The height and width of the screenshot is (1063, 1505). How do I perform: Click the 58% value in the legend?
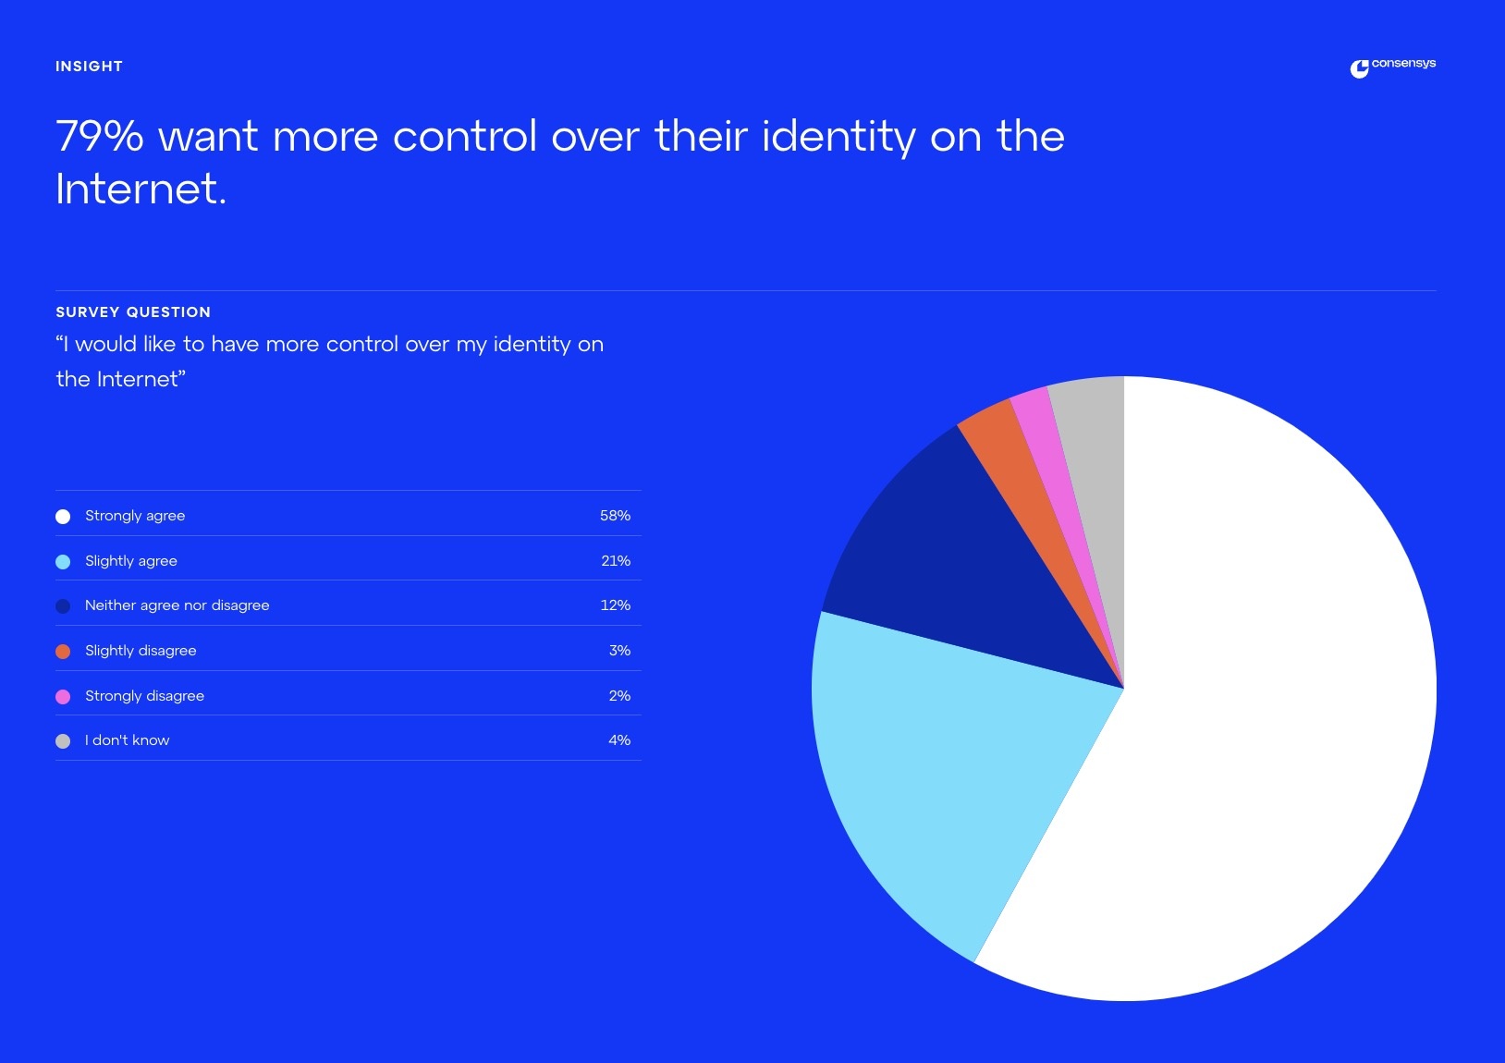pos(615,516)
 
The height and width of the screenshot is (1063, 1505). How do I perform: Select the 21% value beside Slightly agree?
pos(615,561)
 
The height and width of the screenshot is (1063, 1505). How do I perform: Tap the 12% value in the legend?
pos(615,605)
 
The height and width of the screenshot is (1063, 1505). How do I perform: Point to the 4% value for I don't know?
pos(619,740)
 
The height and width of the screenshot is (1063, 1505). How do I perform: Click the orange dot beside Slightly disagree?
pos(63,652)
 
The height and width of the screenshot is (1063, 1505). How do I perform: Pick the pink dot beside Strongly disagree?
pos(63,697)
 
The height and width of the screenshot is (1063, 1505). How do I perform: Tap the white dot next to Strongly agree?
pos(63,517)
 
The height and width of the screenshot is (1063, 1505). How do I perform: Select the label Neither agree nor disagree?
pos(177,605)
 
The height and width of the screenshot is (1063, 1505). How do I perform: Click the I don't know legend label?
pos(127,740)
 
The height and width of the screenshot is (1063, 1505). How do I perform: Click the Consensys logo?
pos(1392,67)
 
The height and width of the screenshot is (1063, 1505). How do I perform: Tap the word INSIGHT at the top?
pos(89,67)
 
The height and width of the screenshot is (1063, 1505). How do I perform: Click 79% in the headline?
pos(100,137)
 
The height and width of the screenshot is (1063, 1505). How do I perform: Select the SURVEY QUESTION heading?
pos(133,312)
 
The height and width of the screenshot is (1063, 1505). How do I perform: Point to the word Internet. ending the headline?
pos(141,189)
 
